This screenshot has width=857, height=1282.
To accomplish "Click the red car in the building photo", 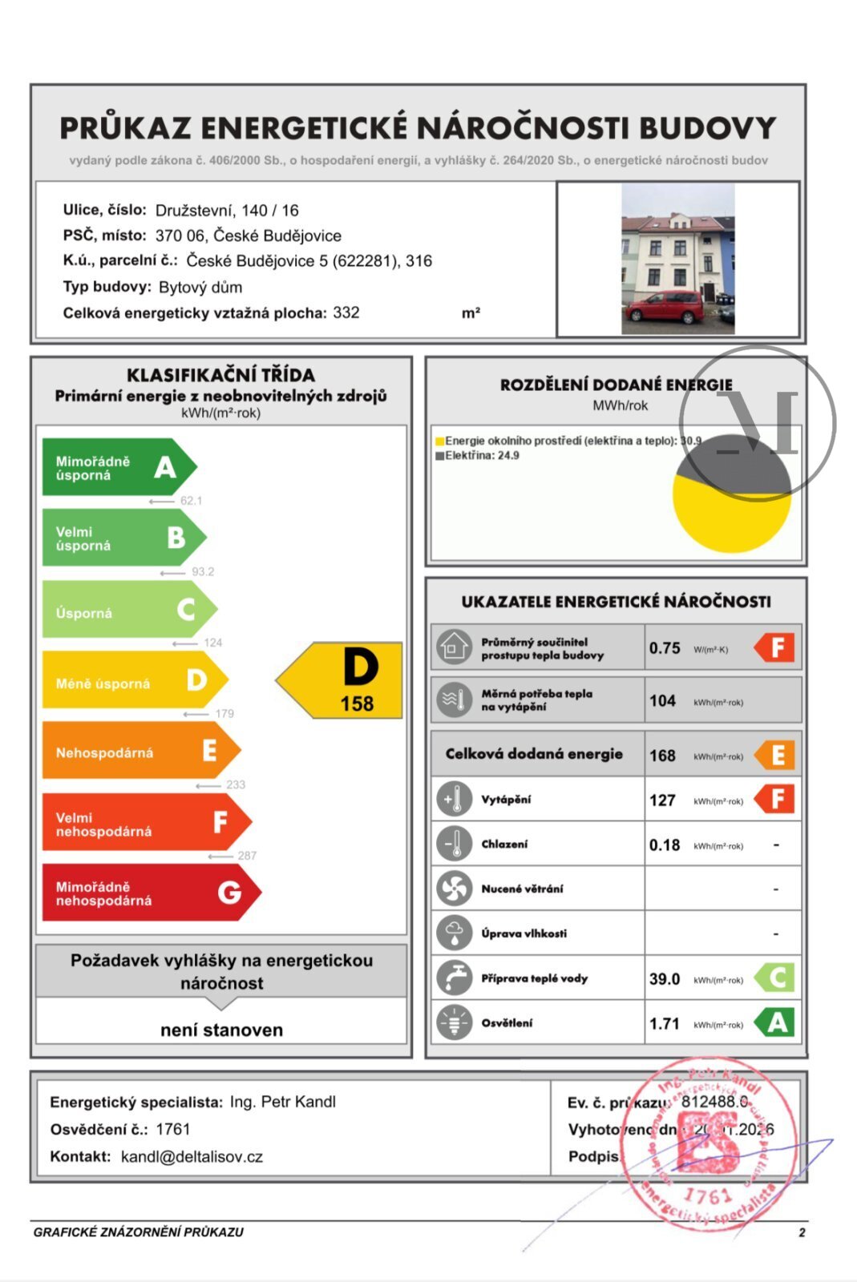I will tap(664, 308).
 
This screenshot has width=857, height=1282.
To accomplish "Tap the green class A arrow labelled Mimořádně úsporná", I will tap(116, 467).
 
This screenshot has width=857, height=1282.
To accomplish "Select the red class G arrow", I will tap(148, 893).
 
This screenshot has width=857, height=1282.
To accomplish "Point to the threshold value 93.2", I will tap(203, 572).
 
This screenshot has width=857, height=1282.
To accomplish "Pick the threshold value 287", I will tap(247, 856).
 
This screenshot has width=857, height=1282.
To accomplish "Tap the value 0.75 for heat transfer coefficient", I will tap(665, 648).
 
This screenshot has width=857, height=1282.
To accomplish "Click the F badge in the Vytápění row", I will tap(776, 799).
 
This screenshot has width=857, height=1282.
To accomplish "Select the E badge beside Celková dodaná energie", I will tap(776, 755).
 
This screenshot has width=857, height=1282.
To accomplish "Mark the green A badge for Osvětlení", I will tap(776, 1023).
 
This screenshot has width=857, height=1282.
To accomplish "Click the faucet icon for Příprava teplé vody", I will tap(455, 978).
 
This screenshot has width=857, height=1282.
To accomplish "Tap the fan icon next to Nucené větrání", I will tap(455, 889).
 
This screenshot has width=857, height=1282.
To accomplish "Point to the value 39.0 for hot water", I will tap(664, 979).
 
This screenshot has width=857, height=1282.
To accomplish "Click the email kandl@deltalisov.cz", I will tap(192, 1157).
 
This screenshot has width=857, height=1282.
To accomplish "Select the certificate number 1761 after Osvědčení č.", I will tap(173, 1130).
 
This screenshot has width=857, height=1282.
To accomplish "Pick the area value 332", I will tap(346, 312).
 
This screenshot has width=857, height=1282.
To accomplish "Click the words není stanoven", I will tap(221, 1030).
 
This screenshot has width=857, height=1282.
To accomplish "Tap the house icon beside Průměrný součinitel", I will tap(455, 647).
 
